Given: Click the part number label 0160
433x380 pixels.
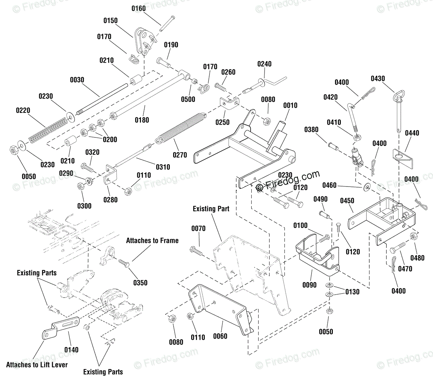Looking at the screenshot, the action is click(138, 8).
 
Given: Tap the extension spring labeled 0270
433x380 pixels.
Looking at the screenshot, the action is click(181, 128).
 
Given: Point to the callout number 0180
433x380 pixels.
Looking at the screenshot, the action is click(142, 120).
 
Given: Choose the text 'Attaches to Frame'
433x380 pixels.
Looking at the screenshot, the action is click(152, 241).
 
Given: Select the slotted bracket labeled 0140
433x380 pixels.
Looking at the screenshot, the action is click(61, 328).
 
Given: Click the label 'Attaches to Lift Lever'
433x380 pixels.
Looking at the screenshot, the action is click(37, 365).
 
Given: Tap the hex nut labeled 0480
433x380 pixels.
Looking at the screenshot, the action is click(414, 236).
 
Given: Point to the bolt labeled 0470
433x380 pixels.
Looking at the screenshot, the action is click(398, 247).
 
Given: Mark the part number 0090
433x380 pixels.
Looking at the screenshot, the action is click(309, 285).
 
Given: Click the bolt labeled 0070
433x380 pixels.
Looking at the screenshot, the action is click(197, 251).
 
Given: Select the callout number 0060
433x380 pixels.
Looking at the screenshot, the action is click(220, 336).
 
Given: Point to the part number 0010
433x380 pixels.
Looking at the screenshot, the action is click(290, 105).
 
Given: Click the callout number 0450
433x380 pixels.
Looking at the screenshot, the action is click(347, 201).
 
